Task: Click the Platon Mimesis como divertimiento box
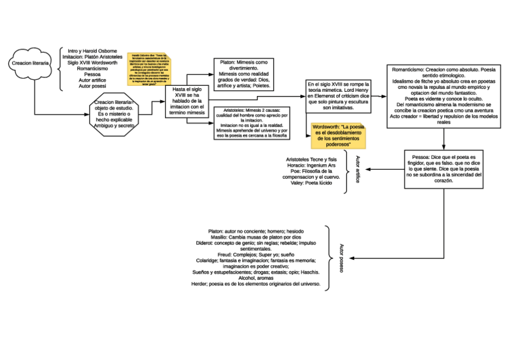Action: click(243, 74)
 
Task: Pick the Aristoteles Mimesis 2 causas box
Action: click(252, 123)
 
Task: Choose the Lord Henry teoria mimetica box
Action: click(339, 95)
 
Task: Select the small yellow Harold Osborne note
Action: click(151, 73)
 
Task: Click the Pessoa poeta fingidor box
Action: click(444, 169)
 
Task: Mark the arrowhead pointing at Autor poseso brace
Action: click(352, 259)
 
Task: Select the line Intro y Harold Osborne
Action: click(92, 51)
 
